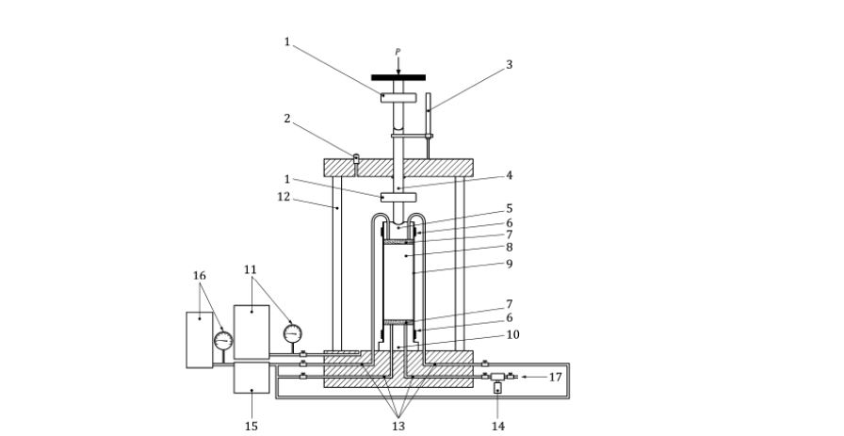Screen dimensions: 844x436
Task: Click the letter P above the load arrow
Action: [398, 52]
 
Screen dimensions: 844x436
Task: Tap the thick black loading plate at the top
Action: [398, 77]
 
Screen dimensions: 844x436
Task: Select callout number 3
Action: [509, 65]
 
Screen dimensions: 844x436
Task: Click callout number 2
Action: [287, 119]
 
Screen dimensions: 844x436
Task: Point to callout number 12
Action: [284, 197]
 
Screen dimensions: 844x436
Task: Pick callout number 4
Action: [509, 175]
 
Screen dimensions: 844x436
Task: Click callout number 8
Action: [509, 248]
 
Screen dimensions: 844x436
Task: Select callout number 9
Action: [509, 264]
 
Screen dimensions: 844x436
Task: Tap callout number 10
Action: [513, 335]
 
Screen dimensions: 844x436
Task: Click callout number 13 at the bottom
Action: [398, 427]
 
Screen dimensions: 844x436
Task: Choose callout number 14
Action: [498, 427]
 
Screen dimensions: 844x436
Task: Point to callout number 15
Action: [252, 427]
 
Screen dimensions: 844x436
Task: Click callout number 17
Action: [556, 378]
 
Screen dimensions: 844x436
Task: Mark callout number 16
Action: [199, 276]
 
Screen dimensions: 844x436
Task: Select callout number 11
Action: [251, 269]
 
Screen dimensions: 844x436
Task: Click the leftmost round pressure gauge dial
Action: [223, 341]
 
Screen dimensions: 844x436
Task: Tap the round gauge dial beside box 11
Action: [292, 333]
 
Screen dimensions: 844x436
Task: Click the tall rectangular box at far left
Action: [199, 340]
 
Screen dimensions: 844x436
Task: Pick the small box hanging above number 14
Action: [497, 388]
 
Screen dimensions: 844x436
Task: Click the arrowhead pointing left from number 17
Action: [524, 377]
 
